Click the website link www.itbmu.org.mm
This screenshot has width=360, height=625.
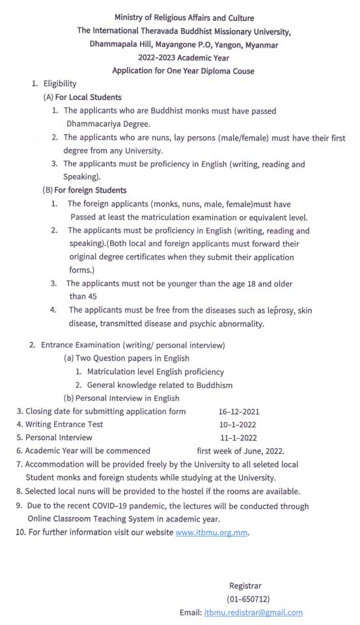[x=212, y=533]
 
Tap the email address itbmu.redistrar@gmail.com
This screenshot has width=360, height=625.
[x=253, y=613]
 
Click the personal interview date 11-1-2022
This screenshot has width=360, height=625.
[x=238, y=437]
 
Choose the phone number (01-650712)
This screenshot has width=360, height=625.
[x=248, y=599]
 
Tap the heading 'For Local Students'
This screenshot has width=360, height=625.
[x=87, y=97]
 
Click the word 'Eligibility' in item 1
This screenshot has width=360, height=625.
[x=60, y=83]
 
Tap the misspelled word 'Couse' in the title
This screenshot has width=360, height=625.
[x=242, y=70]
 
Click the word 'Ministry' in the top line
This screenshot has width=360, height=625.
[x=130, y=18]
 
